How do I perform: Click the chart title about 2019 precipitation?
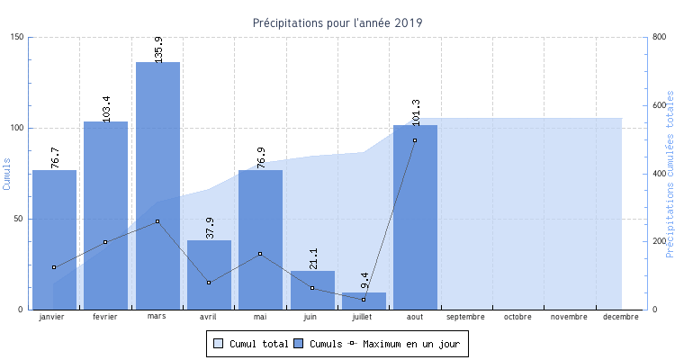(337, 22)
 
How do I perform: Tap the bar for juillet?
(364, 301)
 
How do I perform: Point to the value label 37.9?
(210, 227)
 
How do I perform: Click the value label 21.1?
(312, 258)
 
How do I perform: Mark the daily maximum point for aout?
(415, 140)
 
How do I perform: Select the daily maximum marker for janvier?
(54, 267)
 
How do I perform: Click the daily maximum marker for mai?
(260, 254)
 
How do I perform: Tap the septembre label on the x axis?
(466, 317)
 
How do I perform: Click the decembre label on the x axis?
(621, 317)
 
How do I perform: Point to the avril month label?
(209, 317)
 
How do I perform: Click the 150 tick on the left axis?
(18, 37)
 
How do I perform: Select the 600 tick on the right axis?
(658, 105)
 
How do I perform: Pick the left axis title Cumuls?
(7, 174)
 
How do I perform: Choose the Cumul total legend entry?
(251, 344)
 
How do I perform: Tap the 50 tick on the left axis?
(20, 219)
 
